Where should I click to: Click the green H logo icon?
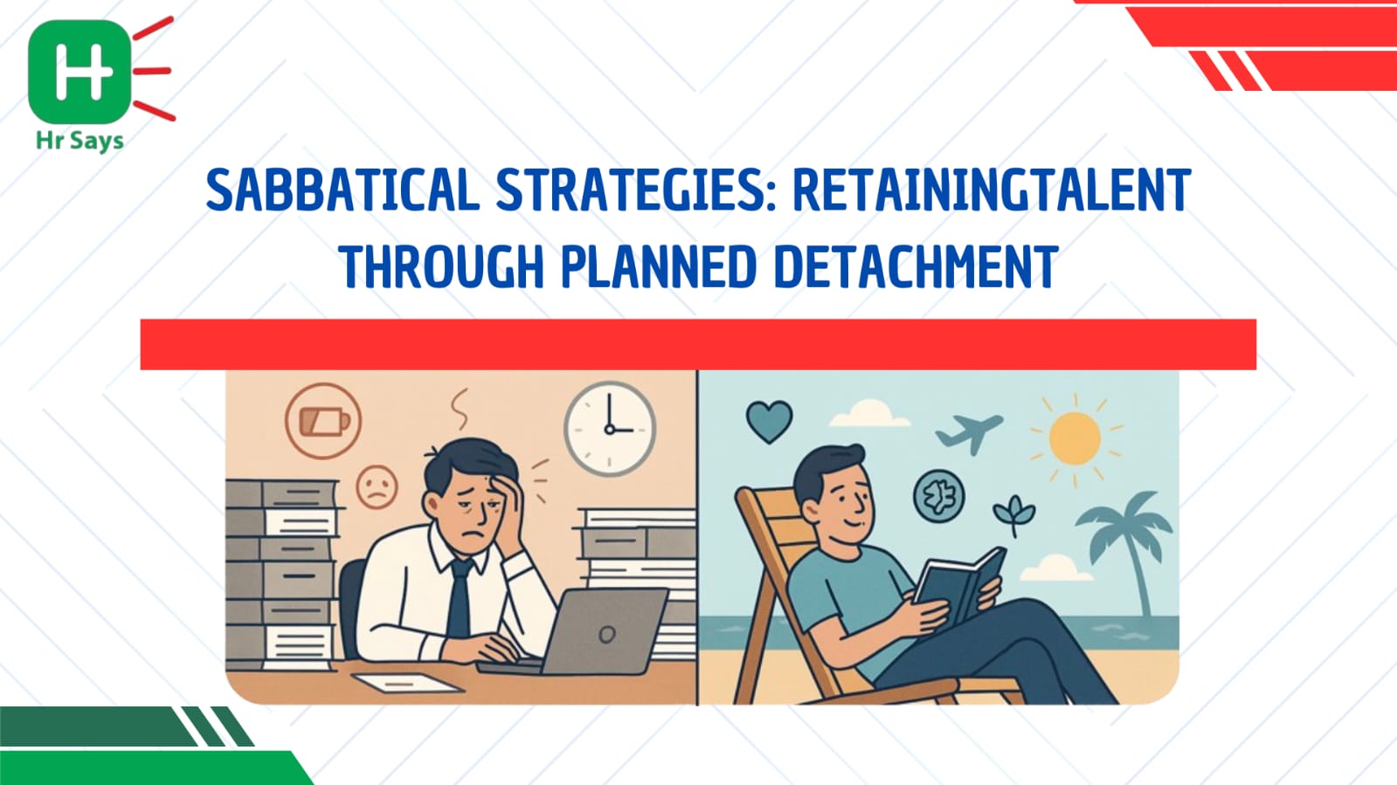point(80,72)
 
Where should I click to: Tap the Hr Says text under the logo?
point(80,141)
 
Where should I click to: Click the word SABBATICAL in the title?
point(342,189)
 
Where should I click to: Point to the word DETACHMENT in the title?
point(916,266)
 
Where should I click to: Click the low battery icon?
point(323,421)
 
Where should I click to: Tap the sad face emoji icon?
point(377,486)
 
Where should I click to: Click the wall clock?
point(610,429)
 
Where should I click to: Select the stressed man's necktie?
point(460,597)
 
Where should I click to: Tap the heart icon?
point(770,422)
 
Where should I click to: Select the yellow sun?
point(1075,438)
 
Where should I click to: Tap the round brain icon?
point(938,496)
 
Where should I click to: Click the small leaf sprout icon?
point(1014,515)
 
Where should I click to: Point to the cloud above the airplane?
point(869,413)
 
